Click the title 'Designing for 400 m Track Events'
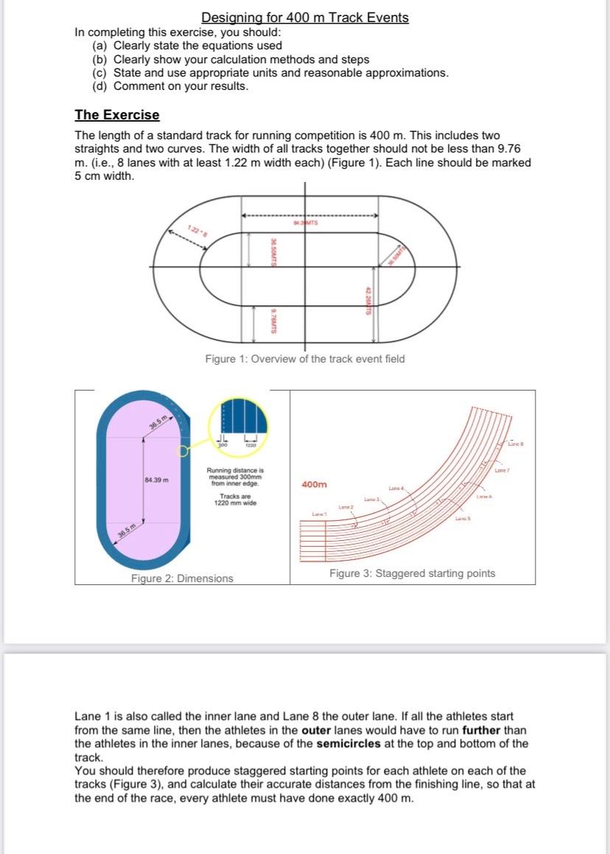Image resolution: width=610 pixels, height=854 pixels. click(305, 18)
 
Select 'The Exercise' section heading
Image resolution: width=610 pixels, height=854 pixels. click(116, 115)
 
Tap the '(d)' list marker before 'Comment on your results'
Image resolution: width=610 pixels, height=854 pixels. click(100, 86)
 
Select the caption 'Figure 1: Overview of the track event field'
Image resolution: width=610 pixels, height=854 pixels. click(304, 359)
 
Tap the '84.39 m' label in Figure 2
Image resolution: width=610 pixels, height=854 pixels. click(157, 480)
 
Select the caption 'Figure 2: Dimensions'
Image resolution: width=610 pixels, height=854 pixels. click(182, 578)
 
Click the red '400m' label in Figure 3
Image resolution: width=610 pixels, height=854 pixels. click(315, 485)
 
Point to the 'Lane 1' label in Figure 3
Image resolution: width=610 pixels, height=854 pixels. click(318, 513)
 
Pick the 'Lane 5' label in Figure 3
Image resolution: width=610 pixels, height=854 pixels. click(463, 520)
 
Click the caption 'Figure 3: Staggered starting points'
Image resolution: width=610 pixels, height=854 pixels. click(412, 573)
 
